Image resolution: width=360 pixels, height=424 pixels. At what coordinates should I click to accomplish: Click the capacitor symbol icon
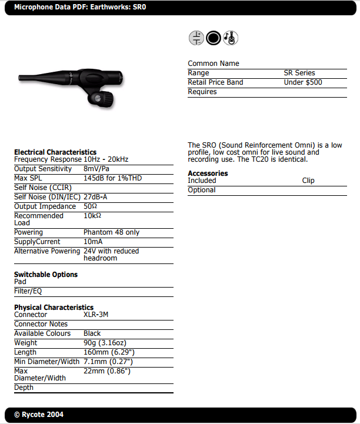coord(196,39)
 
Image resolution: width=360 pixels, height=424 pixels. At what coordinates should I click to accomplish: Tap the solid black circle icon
coord(214,39)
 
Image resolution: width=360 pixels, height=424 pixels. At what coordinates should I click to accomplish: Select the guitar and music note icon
coord(231,39)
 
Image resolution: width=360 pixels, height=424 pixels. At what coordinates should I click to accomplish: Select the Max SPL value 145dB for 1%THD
coord(112,178)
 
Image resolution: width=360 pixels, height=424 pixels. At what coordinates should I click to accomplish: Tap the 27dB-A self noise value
coord(95,197)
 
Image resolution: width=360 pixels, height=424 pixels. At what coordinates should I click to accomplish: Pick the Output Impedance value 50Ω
coord(90,206)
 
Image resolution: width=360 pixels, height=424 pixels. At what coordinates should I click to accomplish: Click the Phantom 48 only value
coord(111,232)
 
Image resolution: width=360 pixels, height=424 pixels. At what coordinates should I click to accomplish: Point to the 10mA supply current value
coord(93,242)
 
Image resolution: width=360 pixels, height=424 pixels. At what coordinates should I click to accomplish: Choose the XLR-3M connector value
coord(96,315)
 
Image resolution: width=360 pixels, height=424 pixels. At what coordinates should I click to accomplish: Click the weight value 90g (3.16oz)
coord(108,343)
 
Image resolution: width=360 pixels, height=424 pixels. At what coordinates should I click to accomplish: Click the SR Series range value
coord(299,73)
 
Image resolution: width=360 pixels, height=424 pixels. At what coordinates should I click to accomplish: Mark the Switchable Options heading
coord(46,275)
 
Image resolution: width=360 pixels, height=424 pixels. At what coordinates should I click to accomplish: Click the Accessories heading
coord(208,173)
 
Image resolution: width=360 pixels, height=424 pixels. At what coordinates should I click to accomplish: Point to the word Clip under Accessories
coord(308,181)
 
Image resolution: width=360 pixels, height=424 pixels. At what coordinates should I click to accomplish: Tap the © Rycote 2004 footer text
coord(39,415)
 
